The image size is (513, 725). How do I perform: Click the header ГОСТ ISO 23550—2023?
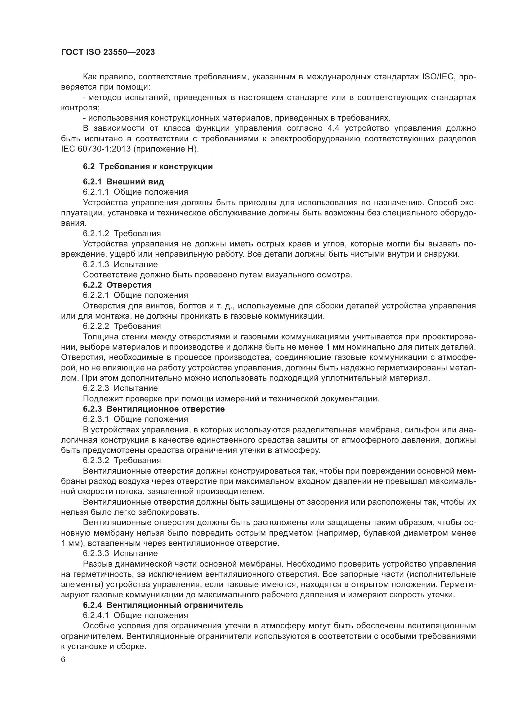click(x=108, y=52)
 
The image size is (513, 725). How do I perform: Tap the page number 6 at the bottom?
click(x=63, y=660)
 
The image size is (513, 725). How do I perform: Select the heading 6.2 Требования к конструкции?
click(x=148, y=166)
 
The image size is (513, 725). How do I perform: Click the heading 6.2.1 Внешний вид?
click(x=123, y=182)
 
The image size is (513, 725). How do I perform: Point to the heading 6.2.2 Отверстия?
click(x=117, y=285)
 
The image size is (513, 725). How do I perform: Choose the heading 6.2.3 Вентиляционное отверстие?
click(x=154, y=409)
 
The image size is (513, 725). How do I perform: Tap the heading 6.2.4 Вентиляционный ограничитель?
click(x=163, y=605)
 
